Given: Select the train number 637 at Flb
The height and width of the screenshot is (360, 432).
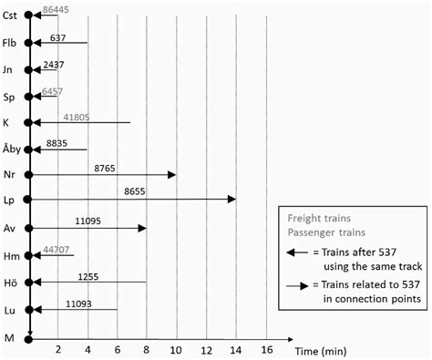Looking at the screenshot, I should [x=58, y=36].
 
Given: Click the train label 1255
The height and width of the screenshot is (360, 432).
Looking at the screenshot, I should [x=88, y=275].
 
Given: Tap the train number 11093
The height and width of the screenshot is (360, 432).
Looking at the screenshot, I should [x=78, y=303].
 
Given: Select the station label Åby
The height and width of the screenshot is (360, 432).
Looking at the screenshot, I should [x=10, y=149].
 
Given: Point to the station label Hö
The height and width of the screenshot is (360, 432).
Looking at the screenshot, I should [x=10, y=283].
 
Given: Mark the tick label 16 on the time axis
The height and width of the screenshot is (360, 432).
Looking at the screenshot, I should [x=265, y=349].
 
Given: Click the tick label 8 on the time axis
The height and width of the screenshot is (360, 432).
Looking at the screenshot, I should [x=147, y=349].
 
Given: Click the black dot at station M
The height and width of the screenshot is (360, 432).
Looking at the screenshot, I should [x=30, y=337].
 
